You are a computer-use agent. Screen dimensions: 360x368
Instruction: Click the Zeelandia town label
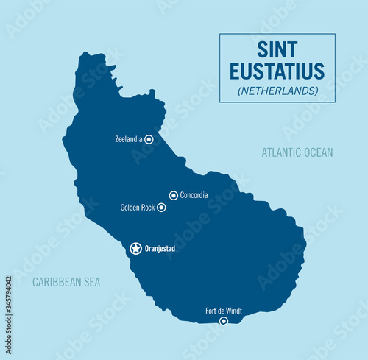click(x=129, y=138)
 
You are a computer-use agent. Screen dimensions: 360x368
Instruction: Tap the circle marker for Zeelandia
click(x=149, y=138)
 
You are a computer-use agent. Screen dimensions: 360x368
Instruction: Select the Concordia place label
click(x=194, y=195)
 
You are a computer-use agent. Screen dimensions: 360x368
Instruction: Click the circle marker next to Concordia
click(x=174, y=195)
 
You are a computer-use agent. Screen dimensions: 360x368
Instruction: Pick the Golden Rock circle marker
click(x=161, y=208)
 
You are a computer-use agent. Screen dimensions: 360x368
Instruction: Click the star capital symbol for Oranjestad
click(x=136, y=249)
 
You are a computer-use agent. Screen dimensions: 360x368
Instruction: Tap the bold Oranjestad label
click(x=160, y=249)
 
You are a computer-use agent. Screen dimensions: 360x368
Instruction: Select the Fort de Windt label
click(x=224, y=311)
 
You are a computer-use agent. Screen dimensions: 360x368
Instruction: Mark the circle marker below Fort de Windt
click(x=224, y=320)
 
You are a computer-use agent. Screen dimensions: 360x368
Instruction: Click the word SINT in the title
click(x=277, y=50)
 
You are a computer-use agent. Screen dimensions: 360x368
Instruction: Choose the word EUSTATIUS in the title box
click(x=277, y=71)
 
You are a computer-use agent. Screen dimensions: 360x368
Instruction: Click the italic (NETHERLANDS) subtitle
click(x=277, y=91)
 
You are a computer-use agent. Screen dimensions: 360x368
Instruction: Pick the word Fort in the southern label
click(x=211, y=311)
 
